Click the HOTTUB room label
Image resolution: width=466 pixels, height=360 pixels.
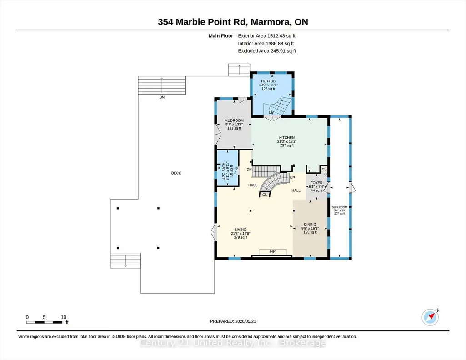pyautogui.click(x=268, y=81)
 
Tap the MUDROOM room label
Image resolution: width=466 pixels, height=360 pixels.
pyautogui.click(x=234, y=120)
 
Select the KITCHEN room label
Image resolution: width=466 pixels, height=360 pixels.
pyautogui.click(x=287, y=138)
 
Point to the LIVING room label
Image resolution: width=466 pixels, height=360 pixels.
pyautogui.click(x=241, y=230)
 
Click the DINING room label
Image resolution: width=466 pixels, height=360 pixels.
pyautogui.click(x=310, y=225)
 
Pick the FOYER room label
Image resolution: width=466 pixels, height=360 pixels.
pyautogui.click(x=316, y=183)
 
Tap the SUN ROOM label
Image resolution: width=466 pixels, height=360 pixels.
pyautogui.click(x=340, y=207)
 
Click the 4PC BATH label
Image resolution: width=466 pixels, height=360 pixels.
pyautogui.click(x=224, y=171)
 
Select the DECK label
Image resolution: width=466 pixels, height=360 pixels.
pyautogui.click(x=176, y=173)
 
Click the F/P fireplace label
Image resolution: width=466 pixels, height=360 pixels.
pyautogui.click(x=272, y=251)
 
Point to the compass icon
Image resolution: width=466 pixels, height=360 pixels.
pyautogui.click(x=430, y=317)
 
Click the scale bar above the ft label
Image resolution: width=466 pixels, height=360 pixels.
pyautogui.click(x=45, y=322)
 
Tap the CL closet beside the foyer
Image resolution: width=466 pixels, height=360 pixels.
pyautogui.click(x=324, y=169)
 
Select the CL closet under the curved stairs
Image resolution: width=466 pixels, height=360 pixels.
pyautogui.click(x=265, y=195)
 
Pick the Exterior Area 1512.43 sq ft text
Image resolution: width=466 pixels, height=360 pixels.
pyautogui.click(x=266, y=36)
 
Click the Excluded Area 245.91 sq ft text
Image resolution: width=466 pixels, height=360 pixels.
pyautogui.click(x=267, y=51)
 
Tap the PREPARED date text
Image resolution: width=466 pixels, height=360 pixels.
pyautogui.click(x=233, y=321)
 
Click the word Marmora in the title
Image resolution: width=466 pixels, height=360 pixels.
pyautogui.click(x=271, y=22)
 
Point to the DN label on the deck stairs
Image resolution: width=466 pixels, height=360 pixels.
pyautogui.click(x=162, y=97)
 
